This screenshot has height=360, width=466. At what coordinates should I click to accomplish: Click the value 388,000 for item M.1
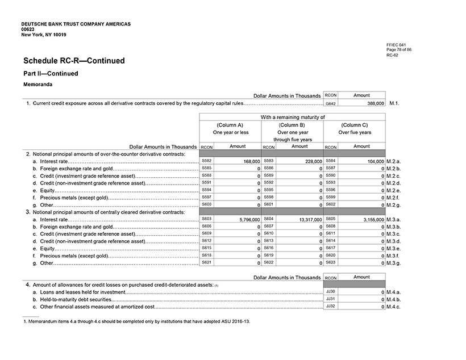pyautogui.click(x=372, y=104)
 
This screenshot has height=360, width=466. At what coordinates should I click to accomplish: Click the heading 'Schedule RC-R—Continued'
pyautogui.click(x=74, y=61)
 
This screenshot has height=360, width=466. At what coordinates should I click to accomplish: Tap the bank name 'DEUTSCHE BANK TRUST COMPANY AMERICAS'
pyautogui.click(x=76, y=24)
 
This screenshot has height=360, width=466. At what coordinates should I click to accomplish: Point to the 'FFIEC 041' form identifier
pyautogui.click(x=396, y=45)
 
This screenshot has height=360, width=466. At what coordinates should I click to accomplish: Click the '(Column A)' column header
pyautogui.click(x=230, y=125)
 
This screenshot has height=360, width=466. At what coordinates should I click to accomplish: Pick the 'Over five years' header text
pyautogui.click(x=355, y=132)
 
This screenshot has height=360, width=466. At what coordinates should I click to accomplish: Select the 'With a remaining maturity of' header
pyautogui.click(x=293, y=117)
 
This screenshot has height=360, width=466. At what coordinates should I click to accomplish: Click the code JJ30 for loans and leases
pyautogui.click(x=330, y=291)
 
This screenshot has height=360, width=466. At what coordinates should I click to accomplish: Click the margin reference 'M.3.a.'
pyautogui.click(x=394, y=219)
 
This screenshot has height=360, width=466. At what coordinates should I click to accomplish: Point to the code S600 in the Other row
pyautogui.click(x=207, y=204)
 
